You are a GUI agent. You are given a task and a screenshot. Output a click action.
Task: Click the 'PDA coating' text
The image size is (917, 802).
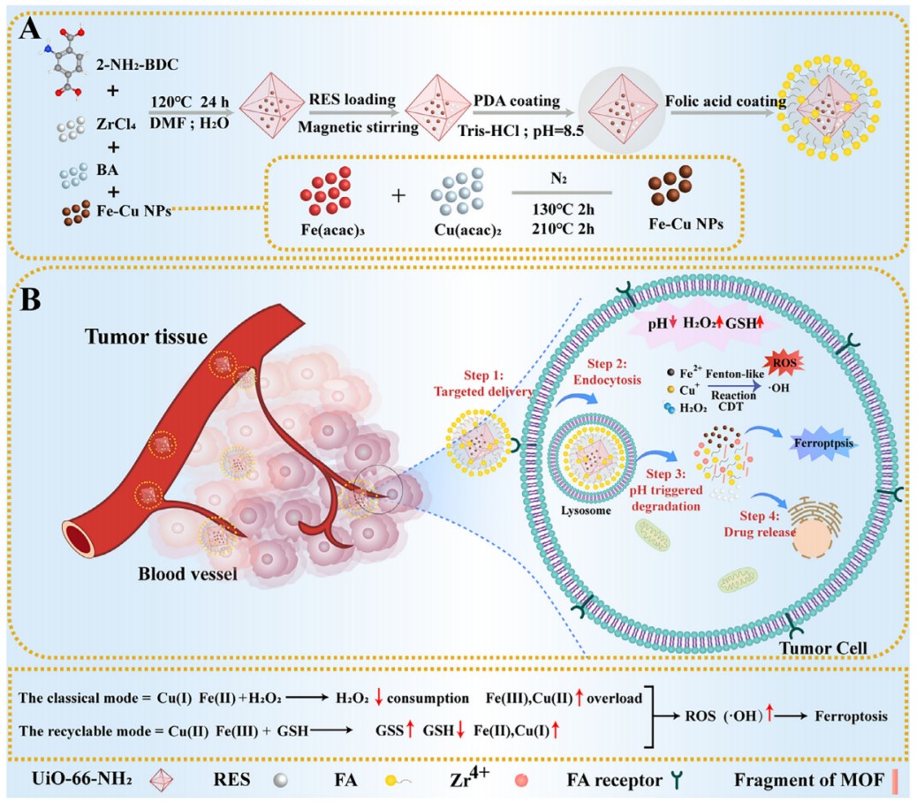point(517,101)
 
